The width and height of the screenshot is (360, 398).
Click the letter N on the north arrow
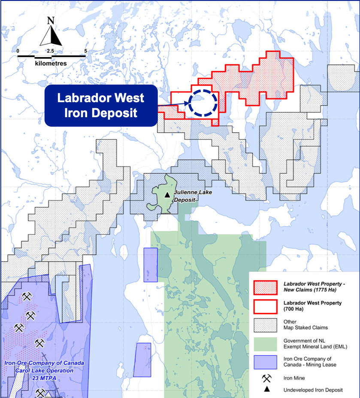[51, 20]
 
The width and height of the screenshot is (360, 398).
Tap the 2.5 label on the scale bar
[50, 51]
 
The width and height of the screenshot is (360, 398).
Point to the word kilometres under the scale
[51, 63]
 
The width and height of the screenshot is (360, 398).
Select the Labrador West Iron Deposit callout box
[101, 106]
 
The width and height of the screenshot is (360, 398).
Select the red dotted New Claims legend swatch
[266, 287]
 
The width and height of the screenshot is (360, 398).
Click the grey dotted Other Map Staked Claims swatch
[266, 325]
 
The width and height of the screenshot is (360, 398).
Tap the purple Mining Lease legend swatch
[266, 362]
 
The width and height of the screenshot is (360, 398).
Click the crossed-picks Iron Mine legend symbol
[267, 378]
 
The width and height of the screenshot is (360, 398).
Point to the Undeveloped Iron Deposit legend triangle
[267, 389]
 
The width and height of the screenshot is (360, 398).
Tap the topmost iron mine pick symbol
[27, 297]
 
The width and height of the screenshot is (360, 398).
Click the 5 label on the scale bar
[86, 51]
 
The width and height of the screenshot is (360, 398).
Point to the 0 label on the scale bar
[18, 51]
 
